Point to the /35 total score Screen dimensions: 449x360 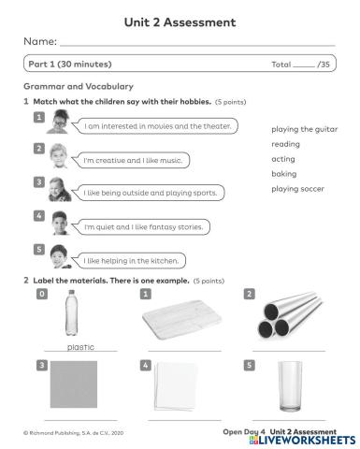point(323,65)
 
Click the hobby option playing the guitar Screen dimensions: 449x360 point(304,129)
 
